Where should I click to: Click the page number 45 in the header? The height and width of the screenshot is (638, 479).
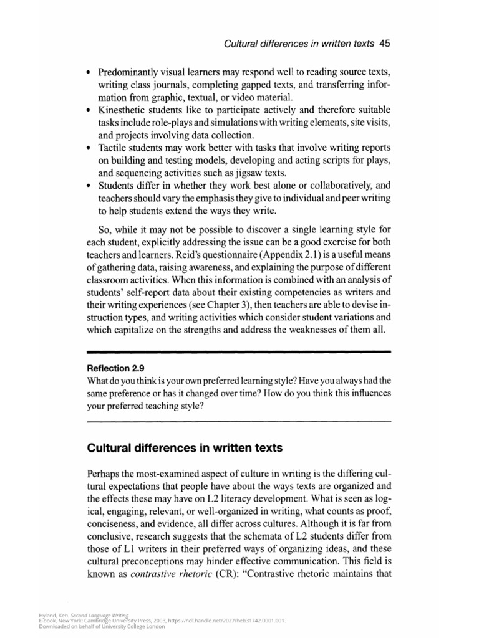384,44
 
